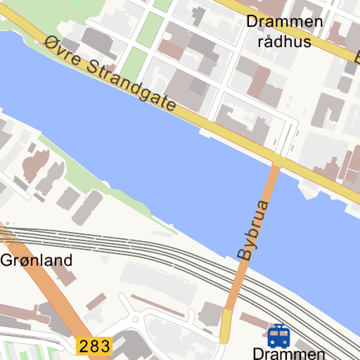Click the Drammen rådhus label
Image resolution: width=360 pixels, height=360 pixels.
pos(284,31)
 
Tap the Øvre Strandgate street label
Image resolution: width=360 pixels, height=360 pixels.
pos(109,73)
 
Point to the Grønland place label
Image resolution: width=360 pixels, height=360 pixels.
pos(37,261)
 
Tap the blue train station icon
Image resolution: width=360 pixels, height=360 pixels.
pos(279,336)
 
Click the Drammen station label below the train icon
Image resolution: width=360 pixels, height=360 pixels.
pos(288,354)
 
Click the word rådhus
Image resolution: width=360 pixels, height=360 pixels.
pos(284,41)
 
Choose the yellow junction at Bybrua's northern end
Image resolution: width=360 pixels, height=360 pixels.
pos(277,162)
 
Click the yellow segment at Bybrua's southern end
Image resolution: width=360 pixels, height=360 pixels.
pos(226,327)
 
